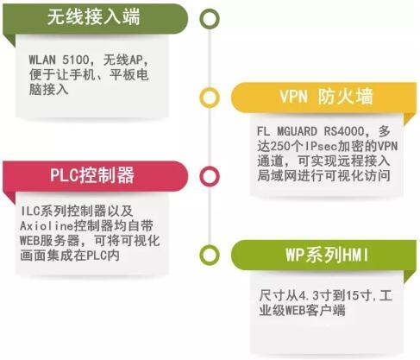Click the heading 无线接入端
click(94, 17)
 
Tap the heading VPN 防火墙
click(326, 97)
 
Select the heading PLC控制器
click(92, 175)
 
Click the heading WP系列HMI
click(327, 255)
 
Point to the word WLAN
click(42, 60)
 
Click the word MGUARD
click(297, 131)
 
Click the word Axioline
click(47, 226)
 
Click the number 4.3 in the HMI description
click(309, 296)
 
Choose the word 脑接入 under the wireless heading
click(48, 90)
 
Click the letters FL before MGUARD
click(263, 131)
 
